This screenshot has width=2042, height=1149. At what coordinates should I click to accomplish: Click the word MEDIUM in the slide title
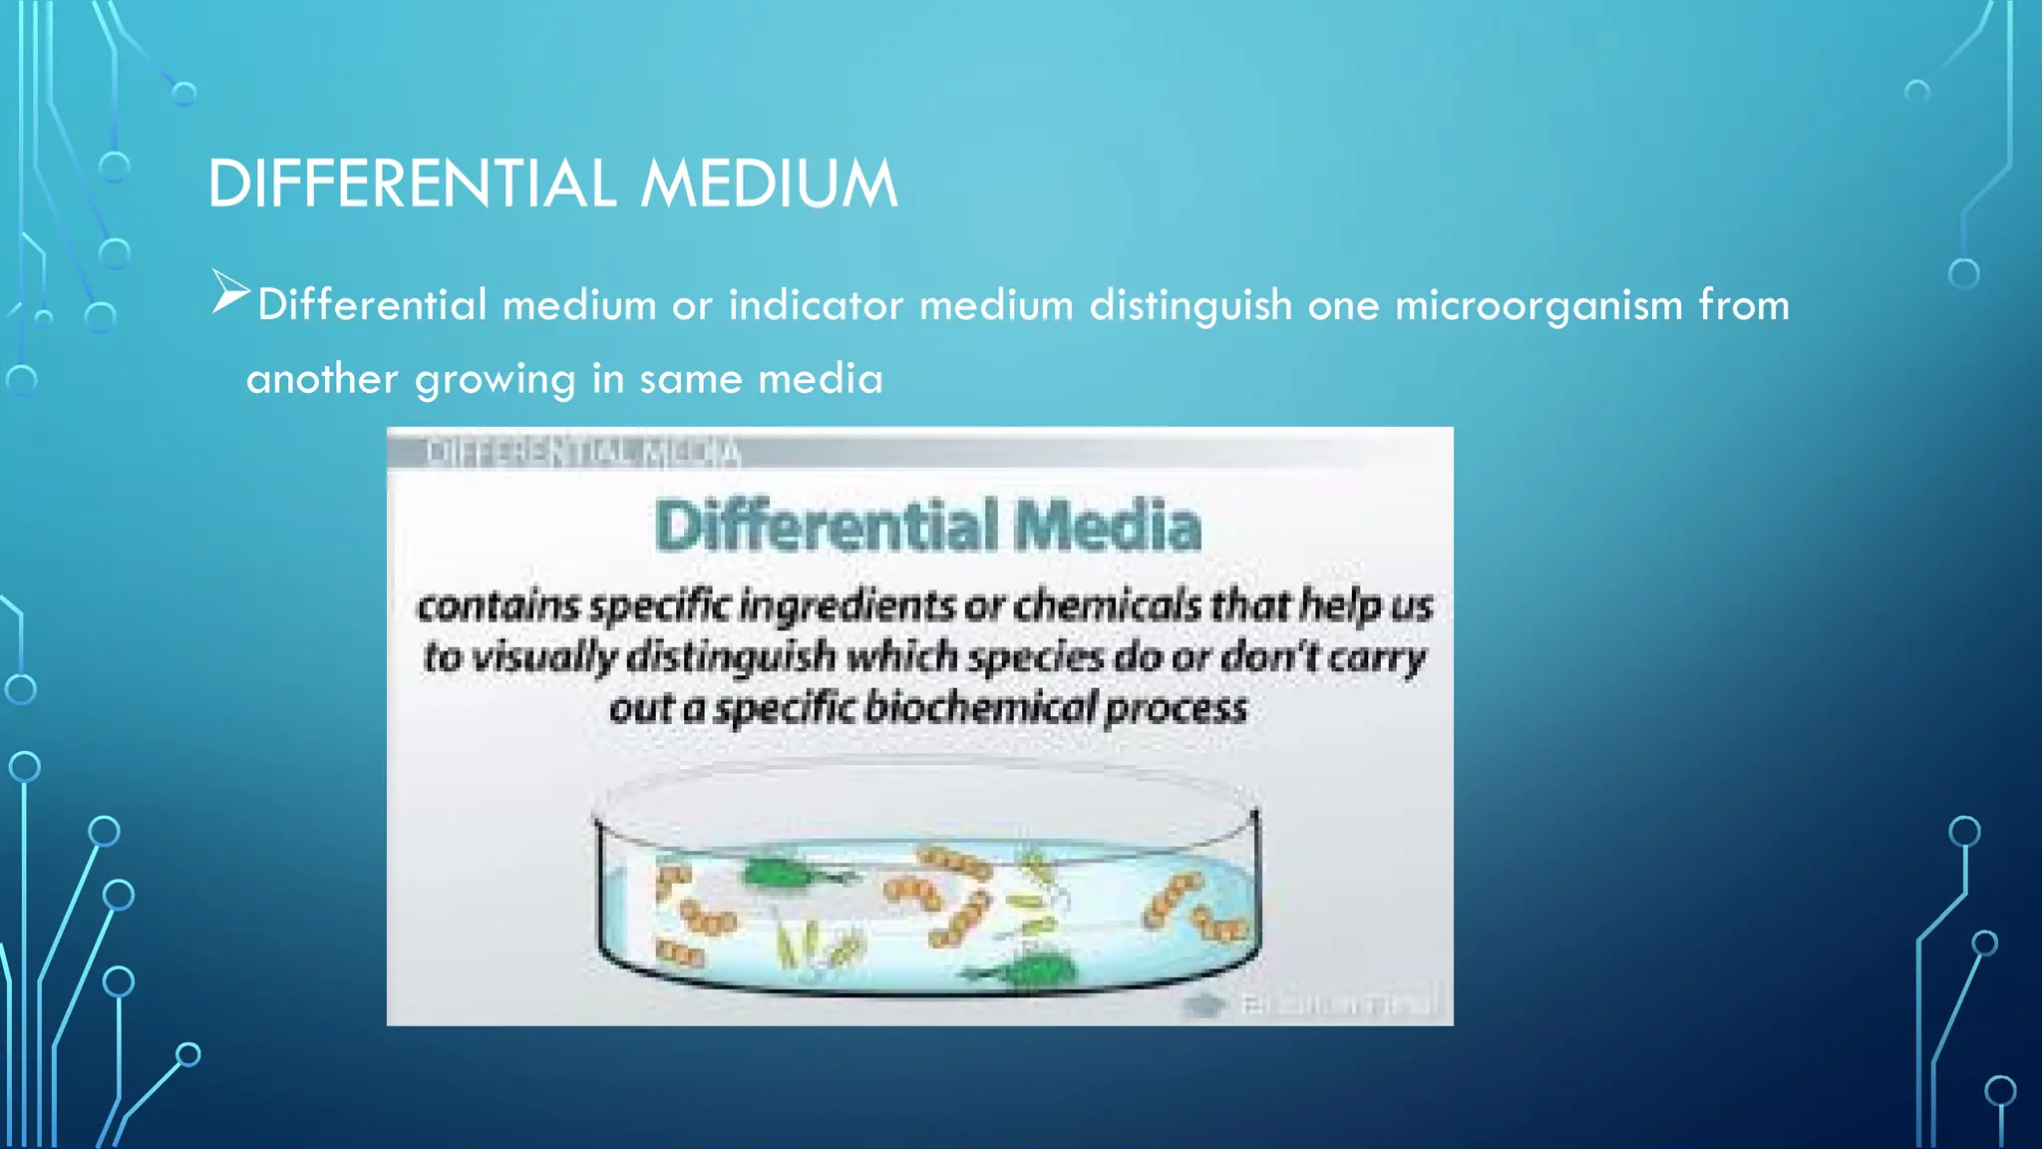coord(769,185)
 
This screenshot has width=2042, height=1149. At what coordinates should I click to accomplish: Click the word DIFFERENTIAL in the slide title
coord(412,185)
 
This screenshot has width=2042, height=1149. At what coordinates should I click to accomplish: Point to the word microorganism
coord(1538,305)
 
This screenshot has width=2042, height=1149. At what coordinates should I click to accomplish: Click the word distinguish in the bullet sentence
coord(1191,305)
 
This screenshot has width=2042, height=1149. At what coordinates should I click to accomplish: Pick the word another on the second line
coord(322,379)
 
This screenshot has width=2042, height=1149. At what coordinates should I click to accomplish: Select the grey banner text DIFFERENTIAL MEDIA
coord(583,453)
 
